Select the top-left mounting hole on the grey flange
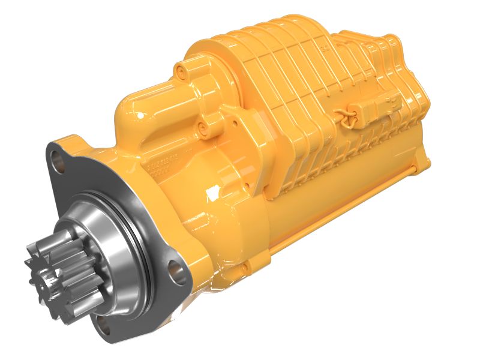tap(58, 158)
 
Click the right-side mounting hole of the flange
tap(174, 268)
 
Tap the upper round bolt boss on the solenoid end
tap(179, 73)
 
